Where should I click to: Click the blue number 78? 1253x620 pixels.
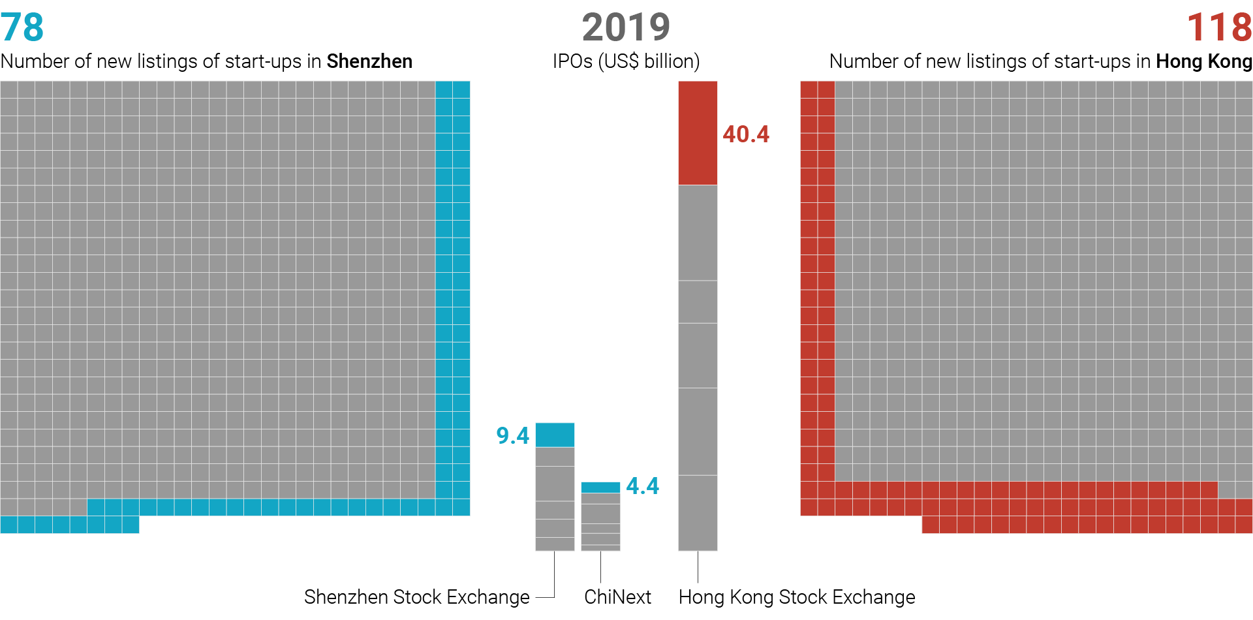pos(22,27)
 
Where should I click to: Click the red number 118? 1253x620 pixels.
pos(1219,27)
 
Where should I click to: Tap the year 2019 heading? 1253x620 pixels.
pos(626,27)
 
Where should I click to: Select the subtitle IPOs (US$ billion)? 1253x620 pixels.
pos(626,61)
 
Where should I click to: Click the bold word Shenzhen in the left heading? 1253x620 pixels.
pos(369,61)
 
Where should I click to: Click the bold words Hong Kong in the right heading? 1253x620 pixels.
pos(1204,62)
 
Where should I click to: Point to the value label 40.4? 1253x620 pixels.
pos(746,134)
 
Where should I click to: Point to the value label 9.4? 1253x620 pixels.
pos(513,435)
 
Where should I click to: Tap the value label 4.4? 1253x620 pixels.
pos(642,486)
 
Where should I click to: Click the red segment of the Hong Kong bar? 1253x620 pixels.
pos(698,133)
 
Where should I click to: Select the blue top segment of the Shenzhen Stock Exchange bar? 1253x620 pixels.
pos(555,435)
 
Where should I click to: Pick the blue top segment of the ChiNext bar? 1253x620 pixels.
pos(600,488)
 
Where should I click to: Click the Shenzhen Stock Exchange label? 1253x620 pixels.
pos(417,597)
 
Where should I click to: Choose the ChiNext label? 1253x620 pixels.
pos(617,597)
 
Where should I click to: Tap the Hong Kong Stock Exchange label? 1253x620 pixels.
pos(797,597)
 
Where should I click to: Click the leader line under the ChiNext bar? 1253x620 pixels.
pos(600,566)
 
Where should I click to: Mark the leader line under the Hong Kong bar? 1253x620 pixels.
pos(698,566)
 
